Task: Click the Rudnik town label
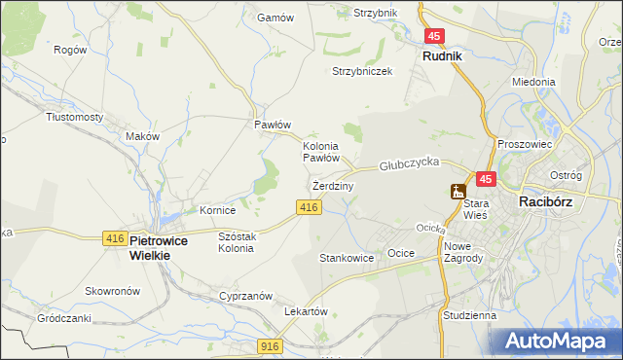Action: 442,56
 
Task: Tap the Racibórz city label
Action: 552,201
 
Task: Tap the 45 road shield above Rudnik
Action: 434,36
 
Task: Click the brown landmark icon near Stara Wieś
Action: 458,192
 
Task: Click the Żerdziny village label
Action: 332,185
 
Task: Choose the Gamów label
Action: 274,18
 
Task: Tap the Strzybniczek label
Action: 362,71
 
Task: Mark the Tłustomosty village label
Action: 75,116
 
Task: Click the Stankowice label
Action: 347,258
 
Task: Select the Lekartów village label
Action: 302,310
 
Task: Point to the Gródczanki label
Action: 63,318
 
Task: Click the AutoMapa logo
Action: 560,341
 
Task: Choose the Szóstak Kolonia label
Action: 237,242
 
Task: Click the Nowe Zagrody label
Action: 463,251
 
